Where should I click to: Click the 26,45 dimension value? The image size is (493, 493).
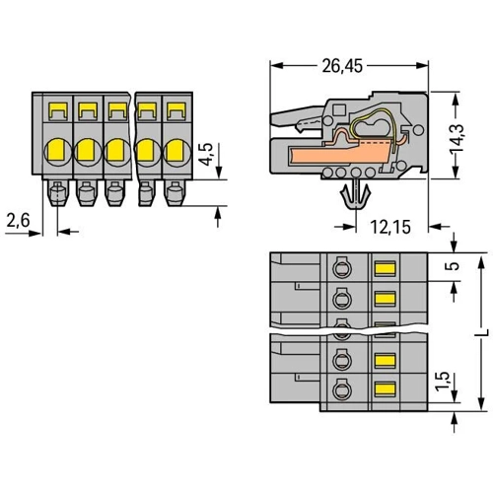tap(342, 66)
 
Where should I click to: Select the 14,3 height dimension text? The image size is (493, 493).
tap(457, 138)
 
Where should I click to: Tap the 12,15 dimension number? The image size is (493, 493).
tap(390, 227)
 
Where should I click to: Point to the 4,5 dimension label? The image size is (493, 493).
tap(207, 154)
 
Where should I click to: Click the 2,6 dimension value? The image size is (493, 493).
tap(19, 220)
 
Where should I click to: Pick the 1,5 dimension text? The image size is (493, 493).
tap(443, 382)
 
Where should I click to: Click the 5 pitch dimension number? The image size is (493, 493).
tap(455, 266)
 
